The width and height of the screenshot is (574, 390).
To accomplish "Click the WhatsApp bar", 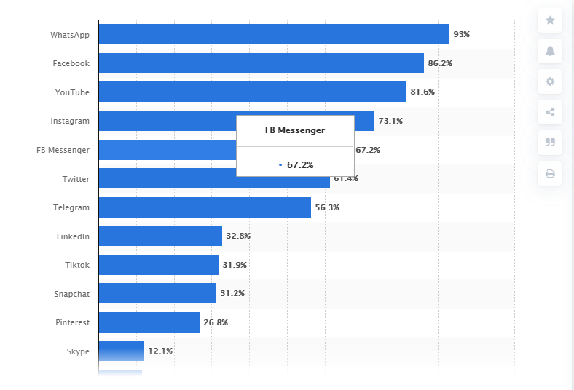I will (273, 34).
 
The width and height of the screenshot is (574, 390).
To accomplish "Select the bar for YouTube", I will (252, 92).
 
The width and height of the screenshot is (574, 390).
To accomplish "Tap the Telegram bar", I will (205, 207).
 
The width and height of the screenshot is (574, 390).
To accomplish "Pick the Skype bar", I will (121, 351).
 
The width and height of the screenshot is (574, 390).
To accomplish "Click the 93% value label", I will (461, 34).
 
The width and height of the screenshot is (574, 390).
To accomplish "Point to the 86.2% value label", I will (440, 63).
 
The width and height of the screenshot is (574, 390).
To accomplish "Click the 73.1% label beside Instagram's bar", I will (390, 121).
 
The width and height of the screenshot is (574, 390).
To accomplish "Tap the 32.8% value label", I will (238, 236).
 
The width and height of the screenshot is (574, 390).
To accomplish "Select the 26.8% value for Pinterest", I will (216, 322).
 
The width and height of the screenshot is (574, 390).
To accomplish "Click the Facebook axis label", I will (71, 63).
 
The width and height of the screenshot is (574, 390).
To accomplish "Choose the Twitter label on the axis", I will (76, 178).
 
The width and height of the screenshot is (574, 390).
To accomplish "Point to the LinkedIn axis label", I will (73, 236).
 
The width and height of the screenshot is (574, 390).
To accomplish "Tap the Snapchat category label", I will (71, 293).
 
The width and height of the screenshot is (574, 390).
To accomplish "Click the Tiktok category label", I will (76, 265).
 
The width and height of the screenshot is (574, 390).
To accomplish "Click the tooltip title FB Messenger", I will (295, 130).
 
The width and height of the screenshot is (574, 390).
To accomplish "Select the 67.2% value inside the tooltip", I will (299, 165).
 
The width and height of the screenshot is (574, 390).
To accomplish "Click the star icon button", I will (550, 20).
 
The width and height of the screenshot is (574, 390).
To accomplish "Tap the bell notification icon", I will (550, 51).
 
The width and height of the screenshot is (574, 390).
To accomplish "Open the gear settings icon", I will (550, 81).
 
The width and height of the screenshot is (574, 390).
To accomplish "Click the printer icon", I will (550, 173).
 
